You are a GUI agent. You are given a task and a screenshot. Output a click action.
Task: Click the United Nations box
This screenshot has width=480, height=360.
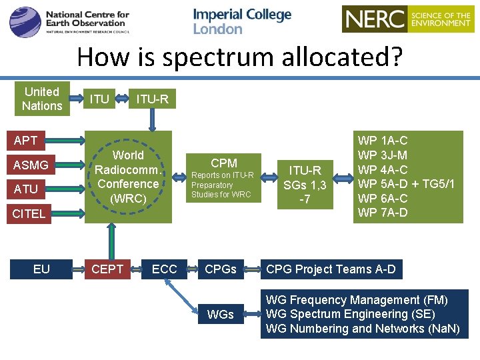[42, 99]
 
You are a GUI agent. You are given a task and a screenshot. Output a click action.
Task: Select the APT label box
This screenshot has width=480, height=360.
[26, 141]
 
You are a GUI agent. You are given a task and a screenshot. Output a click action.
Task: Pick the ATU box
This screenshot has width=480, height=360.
[26, 189]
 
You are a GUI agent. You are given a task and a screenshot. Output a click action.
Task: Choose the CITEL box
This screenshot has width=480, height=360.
[29, 213]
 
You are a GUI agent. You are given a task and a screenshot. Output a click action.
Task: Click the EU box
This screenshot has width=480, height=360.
[41, 269]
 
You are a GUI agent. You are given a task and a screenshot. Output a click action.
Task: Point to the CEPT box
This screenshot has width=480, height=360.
[107, 269]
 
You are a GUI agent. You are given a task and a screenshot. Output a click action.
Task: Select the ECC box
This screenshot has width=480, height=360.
[165, 269]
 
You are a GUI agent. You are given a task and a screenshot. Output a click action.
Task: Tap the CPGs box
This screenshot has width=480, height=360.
[221, 269]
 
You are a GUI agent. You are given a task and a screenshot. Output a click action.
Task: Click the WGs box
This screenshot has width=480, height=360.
[221, 313]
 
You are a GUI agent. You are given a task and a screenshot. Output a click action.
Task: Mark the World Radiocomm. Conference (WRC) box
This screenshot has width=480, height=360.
[128, 177]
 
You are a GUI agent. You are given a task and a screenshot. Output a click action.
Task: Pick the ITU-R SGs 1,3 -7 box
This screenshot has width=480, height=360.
[305, 185]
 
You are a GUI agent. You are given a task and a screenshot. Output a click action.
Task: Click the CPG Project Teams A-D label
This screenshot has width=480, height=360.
[331, 269]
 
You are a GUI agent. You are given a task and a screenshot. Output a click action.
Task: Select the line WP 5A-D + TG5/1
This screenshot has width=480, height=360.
[406, 184]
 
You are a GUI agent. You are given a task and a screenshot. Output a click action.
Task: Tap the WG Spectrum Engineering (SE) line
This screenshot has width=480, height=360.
[350, 314]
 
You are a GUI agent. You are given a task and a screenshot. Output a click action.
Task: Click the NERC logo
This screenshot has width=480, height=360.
[407, 19]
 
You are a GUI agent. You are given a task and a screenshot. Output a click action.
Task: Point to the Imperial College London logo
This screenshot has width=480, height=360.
[242, 21]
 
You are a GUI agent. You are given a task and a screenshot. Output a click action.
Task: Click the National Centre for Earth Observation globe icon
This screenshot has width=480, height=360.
[25, 22]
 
